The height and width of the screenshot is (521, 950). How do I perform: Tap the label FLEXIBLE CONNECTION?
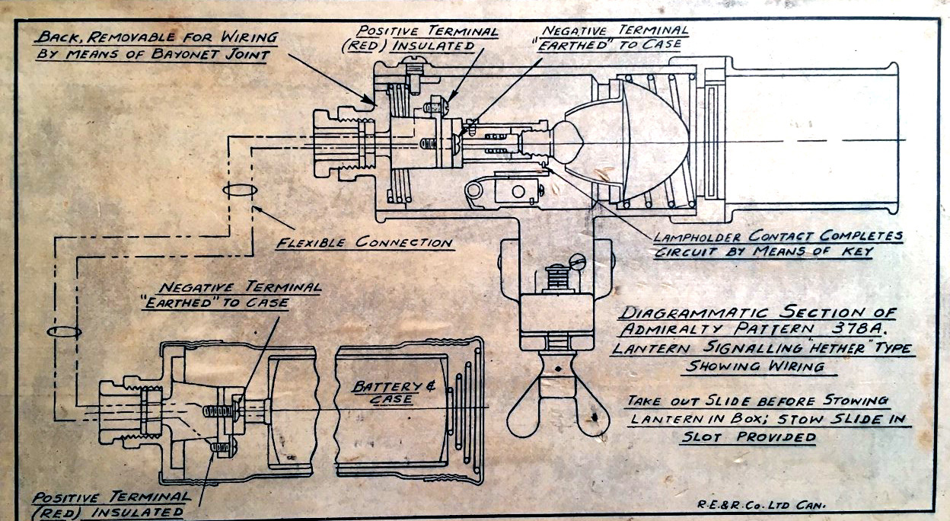coord(364,243)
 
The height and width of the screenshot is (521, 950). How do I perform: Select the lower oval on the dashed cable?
coord(63,332)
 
